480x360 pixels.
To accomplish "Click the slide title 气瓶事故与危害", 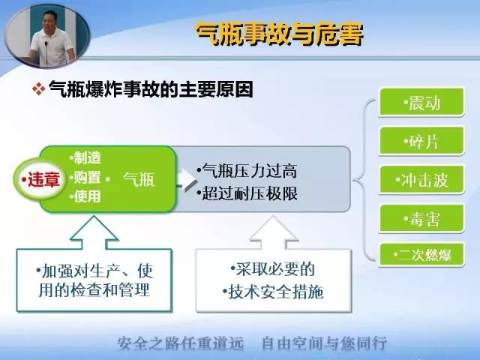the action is [x=280, y=34].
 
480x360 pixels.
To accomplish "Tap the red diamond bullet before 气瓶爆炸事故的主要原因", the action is [x=38, y=89].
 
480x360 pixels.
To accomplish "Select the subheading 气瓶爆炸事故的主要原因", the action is [x=151, y=89].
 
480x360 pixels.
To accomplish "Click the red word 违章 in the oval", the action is [x=43, y=179].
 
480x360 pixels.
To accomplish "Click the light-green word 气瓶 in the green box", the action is [x=139, y=179].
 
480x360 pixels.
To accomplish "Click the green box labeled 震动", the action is [x=421, y=102].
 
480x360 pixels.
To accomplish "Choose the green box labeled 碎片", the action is [x=421, y=141].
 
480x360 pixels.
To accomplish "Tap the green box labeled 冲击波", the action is [x=421, y=180].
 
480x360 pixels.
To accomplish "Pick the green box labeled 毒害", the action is [x=421, y=218].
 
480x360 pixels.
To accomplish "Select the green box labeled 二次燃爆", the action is [x=421, y=255].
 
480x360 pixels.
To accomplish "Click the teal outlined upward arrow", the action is [x=94, y=232].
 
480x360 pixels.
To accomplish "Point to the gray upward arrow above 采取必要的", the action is [x=273, y=232].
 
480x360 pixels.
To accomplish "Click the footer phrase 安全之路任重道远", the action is [x=181, y=343].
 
